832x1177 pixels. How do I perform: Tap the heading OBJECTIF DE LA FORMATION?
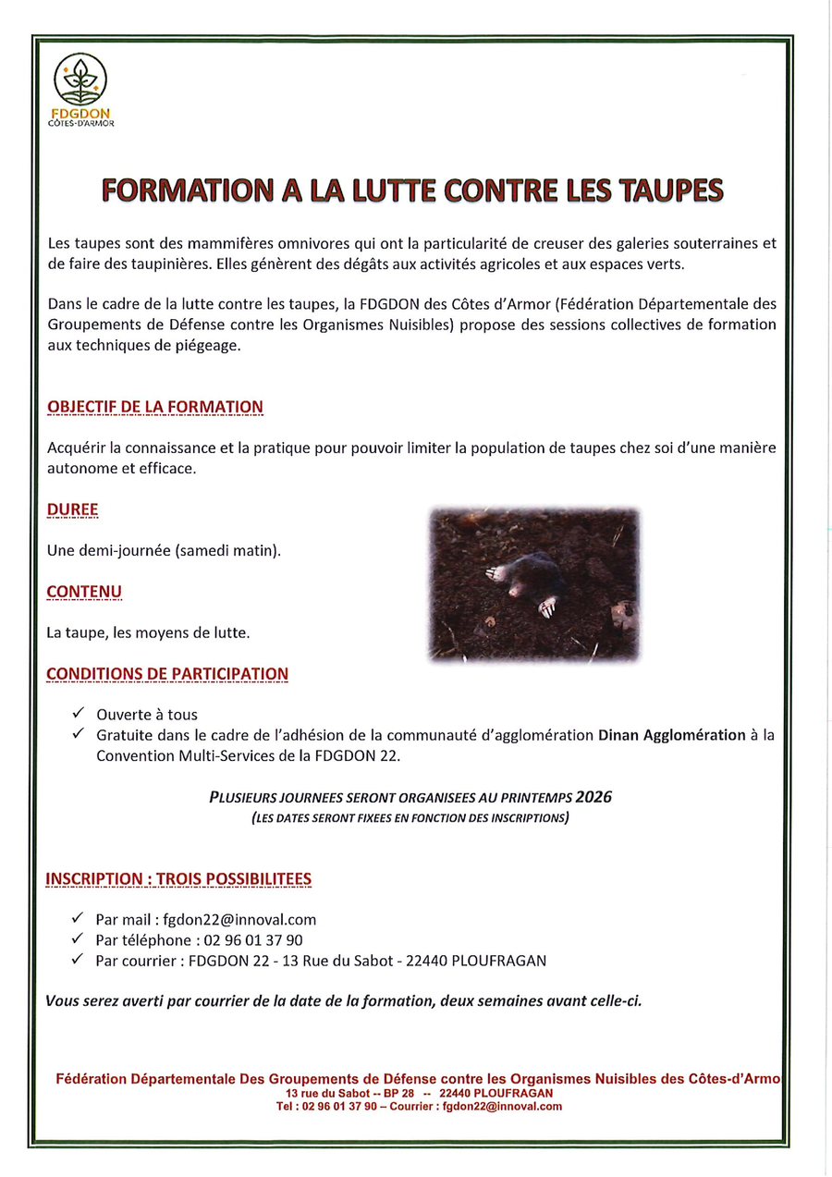click(x=154, y=407)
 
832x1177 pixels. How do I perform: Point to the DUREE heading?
click(x=72, y=509)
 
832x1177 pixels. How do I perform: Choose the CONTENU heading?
click(x=84, y=592)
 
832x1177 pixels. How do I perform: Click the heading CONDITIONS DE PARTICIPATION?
click(x=167, y=673)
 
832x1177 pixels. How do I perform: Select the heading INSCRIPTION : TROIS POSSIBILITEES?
click(x=178, y=878)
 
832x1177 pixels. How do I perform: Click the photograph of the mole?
click(x=533, y=584)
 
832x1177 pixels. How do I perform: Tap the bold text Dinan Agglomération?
click(x=671, y=736)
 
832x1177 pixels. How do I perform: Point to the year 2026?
click(x=593, y=797)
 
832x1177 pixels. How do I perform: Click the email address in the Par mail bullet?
click(x=239, y=920)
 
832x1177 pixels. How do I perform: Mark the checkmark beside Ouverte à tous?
click(x=78, y=714)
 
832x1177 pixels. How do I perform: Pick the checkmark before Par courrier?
click(x=78, y=960)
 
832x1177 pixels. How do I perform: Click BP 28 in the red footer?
click(x=398, y=1093)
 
